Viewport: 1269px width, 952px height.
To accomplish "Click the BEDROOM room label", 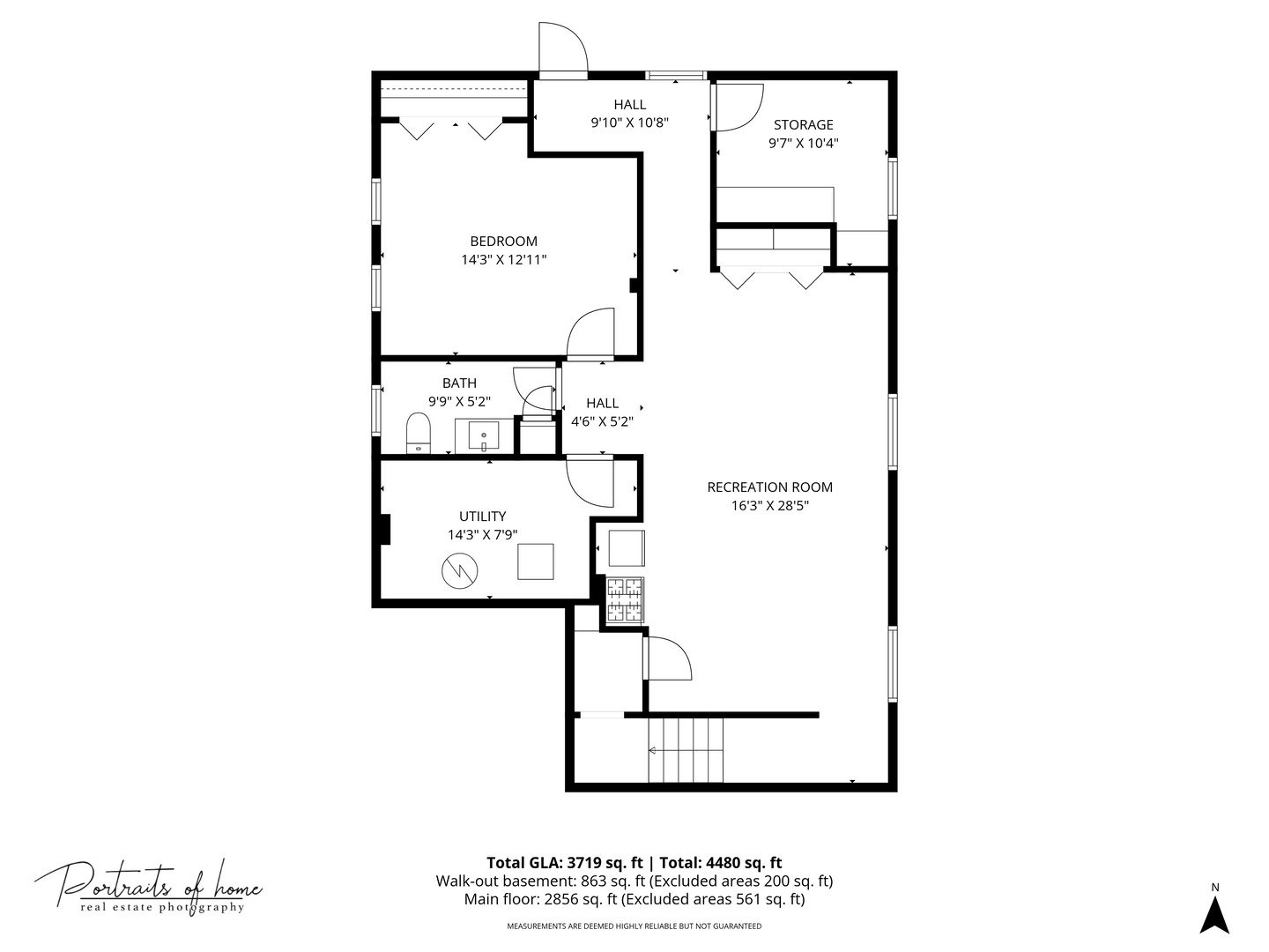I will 503,242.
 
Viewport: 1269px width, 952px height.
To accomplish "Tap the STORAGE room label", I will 803,125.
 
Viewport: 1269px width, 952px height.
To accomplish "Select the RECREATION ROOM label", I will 769,487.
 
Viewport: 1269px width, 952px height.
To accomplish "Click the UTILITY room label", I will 482,517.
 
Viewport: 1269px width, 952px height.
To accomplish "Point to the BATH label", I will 459,383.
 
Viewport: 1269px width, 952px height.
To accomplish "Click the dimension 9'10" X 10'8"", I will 629,123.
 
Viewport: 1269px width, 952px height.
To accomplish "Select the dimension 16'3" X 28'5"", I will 769,506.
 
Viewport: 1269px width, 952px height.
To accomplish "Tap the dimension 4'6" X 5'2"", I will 602,422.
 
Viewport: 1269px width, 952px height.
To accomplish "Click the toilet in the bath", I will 418,434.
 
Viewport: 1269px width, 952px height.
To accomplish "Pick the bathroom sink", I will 483,435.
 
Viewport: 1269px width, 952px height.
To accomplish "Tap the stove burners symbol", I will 625,599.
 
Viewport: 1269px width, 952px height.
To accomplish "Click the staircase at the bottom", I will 686,750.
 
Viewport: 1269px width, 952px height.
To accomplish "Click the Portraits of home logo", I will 149,886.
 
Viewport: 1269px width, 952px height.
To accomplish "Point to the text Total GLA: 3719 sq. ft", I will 565,863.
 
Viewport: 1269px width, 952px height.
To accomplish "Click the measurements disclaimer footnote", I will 634,926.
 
